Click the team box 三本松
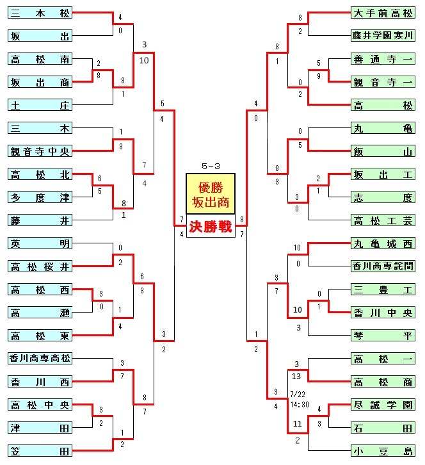(x=40, y=13)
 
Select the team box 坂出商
(x=40, y=82)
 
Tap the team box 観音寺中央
(x=40, y=151)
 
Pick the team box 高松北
(x=40, y=174)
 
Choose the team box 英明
(x=40, y=243)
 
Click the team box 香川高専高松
(x=40, y=359)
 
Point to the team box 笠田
(x=40, y=451)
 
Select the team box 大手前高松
(x=383, y=13)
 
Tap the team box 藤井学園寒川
(x=383, y=36)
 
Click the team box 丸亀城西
(x=383, y=243)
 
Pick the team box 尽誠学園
(x=383, y=405)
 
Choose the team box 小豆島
(x=383, y=451)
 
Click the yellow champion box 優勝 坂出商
(x=211, y=194)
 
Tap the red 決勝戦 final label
(x=211, y=227)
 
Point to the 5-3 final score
(x=211, y=166)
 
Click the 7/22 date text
(x=298, y=395)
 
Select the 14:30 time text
(x=300, y=405)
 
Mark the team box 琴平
(x=383, y=336)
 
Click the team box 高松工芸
(x=383, y=220)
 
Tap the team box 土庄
(x=40, y=105)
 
